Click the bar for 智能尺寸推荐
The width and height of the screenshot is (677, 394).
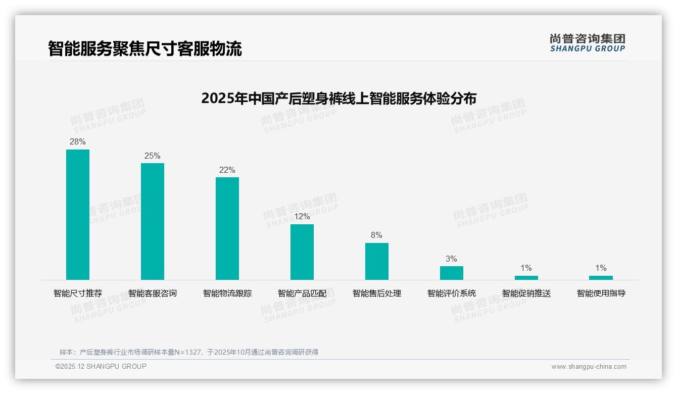point(78,215)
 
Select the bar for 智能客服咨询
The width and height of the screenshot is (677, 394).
point(153,221)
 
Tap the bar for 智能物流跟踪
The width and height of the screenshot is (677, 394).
point(227,228)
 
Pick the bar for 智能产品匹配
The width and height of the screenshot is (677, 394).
point(302,252)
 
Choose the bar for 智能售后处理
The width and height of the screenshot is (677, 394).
point(377,261)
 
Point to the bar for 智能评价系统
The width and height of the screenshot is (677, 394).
point(452,273)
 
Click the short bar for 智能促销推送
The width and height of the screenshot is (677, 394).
point(526,277)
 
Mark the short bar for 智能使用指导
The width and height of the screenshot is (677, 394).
point(601,277)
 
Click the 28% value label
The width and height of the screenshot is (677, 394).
point(78,142)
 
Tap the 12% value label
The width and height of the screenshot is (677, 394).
point(302,217)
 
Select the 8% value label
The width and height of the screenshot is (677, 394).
point(377,235)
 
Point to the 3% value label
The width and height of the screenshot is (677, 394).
point(452,259)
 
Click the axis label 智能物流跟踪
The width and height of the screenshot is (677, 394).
point(227,293)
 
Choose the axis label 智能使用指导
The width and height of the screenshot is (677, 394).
point(601,293)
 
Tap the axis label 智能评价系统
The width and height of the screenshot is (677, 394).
point(452,293)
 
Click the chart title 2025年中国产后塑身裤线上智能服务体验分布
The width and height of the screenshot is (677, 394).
point(338,98)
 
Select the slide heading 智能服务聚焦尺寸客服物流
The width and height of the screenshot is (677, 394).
point(145,48)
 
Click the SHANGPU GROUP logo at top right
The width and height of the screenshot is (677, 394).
point(588,43)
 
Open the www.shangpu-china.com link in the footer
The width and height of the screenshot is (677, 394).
point(589,367)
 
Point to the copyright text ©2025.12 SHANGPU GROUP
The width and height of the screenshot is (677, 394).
point(101,367)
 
